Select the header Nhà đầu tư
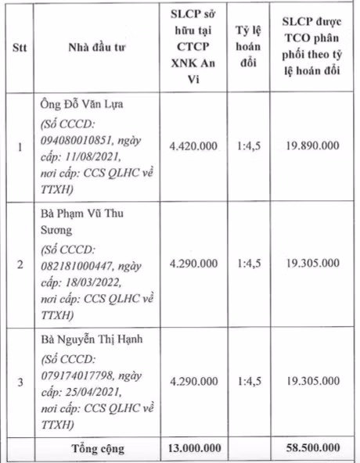[97, 48]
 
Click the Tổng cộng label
[98, 449]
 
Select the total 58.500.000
[312, 449]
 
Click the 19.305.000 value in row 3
[312, 382]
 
